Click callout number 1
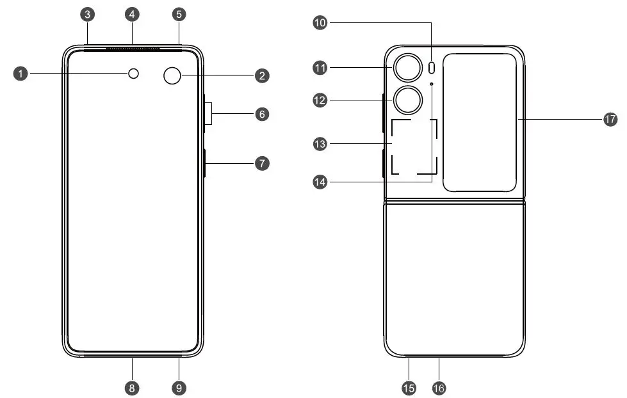coord(21,74)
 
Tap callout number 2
coord(261,76)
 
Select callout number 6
coord(261,115)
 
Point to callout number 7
coord(261,163)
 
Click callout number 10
coord(320,23)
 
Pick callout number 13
coord(320,144)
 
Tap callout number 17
coord(610,119)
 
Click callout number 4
coord(133,13)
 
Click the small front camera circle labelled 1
coord(133,74)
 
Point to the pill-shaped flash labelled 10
coord(432,67)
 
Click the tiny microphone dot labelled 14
coord(432,84)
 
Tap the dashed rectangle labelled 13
coord(414,147)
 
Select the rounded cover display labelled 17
coord(480,122)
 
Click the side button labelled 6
coord(208,114)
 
